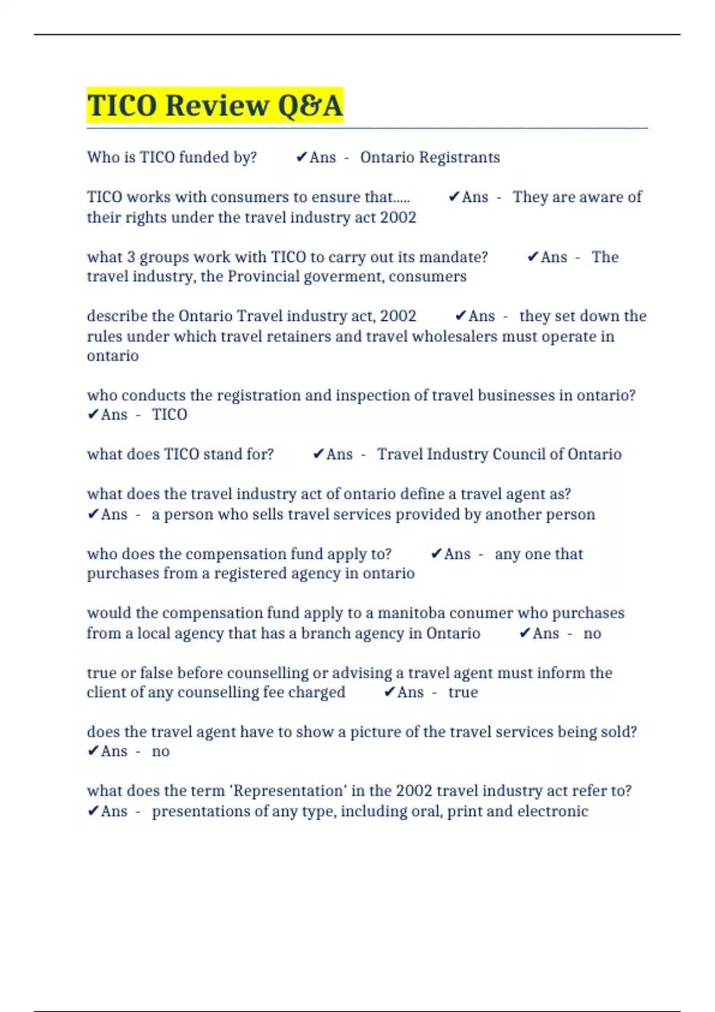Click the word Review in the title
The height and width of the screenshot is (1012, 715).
pos(217,106)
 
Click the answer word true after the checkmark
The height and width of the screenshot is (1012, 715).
pos(463,692)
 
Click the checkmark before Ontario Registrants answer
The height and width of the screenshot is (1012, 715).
pos(301,158)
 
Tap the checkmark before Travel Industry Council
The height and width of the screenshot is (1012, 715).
pos(318,454)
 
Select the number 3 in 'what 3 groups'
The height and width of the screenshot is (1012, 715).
pos(130,257)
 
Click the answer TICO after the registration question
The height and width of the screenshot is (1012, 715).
pos(169,415)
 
